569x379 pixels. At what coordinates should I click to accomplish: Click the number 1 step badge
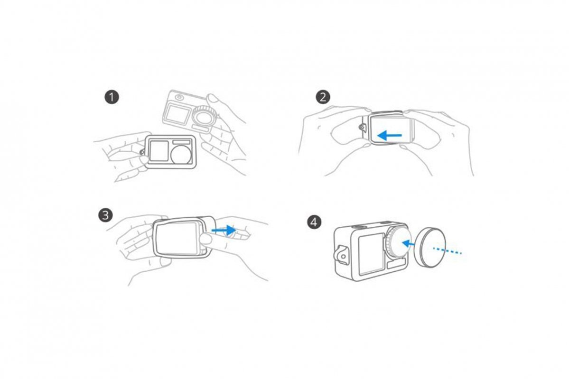coord(112,97)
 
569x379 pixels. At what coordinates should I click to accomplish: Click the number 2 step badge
coord(323,97)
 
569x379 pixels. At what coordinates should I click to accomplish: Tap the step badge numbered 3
coord(105,215)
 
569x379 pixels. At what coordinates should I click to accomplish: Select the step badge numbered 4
coord(314,222)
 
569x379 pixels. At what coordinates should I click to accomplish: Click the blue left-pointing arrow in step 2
coord(390,136)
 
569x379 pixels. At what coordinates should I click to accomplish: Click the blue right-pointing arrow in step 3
coord(224,230)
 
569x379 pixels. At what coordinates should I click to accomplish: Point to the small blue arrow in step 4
coord(410,244)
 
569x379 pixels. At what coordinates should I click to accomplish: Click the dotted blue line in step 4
coord(447,250)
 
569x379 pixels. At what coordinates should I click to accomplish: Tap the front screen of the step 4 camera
coord(371,253)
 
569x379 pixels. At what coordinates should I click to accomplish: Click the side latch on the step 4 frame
coord(341,255)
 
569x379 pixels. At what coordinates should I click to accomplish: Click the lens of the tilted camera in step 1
coord(202,116)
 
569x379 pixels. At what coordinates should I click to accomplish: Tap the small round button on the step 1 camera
coord(179,98)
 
